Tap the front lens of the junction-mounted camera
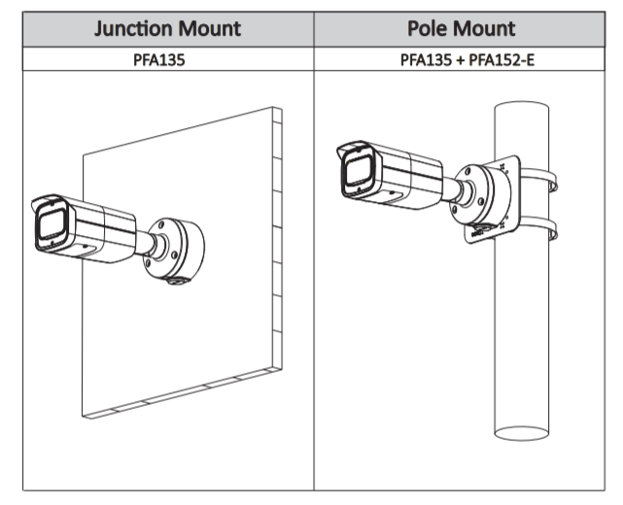pyautogui.click(x=50, y=229)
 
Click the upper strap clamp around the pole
pyautogui.click(x=545, y=183)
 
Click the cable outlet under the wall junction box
pyautogui.click(x=178, y=282)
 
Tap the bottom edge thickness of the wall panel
pyautogui.click(x=175, y=398)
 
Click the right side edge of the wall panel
pyautogui.click(x=277, y=243)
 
